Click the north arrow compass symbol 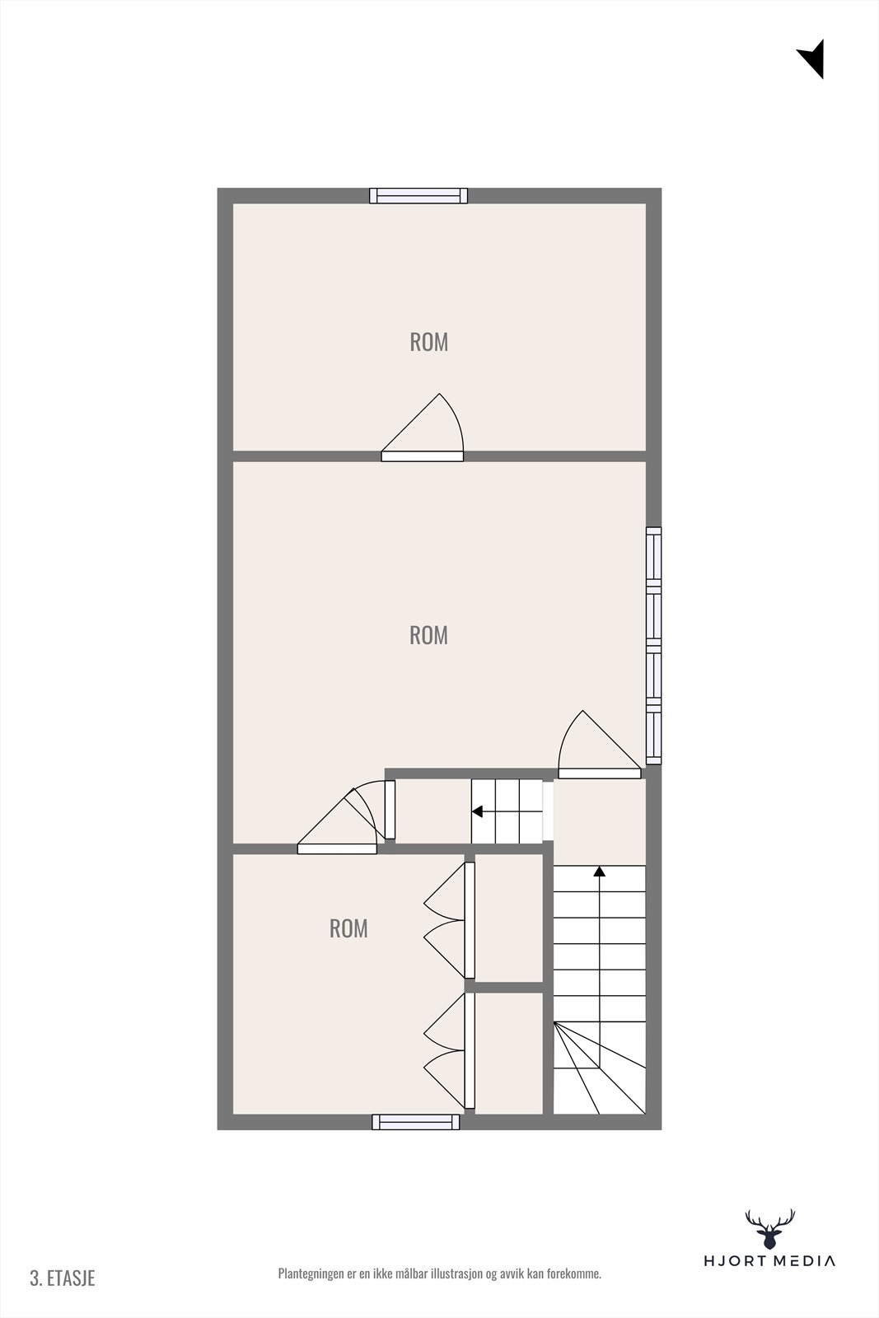click(812, 58)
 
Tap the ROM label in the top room click(428, 342)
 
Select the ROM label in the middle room click(428, 635)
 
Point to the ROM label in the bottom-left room click(348, 928)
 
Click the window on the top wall click(418, 196)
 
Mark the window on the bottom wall click(416, 1121)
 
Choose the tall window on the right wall click(653, 646)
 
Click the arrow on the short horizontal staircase click(478, 811)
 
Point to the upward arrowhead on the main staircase click(600, 871)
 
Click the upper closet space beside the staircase click(509, 918)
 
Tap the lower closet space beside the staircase click(509, 1053)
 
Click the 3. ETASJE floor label click(63, 1278)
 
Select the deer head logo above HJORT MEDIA click(769, 1229)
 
